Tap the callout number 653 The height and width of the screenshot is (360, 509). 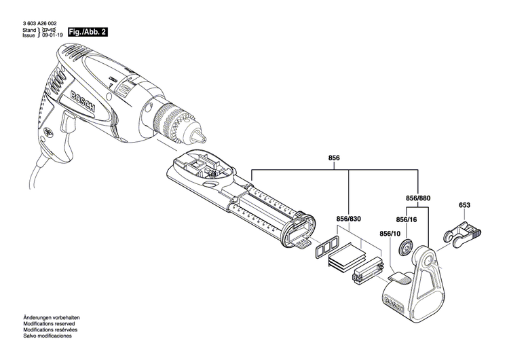pyautogui.click(x=465, y=205)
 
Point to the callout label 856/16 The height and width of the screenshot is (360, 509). pyautogui.click(x=407, y=220)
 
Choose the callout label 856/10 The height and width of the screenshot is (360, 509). pyautogui.click(x=391, y=233)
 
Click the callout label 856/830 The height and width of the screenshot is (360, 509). pyautogui.click(x=348, y=219)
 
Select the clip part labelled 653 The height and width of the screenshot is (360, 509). pyautogui.click(x=463, y=233)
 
